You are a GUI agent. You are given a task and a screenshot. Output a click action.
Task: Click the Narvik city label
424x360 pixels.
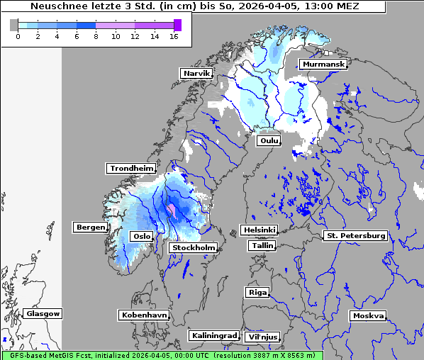tap(196, 73)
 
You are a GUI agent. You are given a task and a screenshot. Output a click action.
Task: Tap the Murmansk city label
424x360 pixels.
tap(323, 64)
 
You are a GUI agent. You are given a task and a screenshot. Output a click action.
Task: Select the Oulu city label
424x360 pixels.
tap(269, 141)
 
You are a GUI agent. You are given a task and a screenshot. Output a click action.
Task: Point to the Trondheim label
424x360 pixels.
tap(131, 169)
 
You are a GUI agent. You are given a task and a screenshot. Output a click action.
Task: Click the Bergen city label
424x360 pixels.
tap(90, 227)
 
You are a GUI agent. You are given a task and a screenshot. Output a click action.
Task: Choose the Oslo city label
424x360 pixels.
tap(141, 236)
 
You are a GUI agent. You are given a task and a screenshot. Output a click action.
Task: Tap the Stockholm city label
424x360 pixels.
tap(194, 247)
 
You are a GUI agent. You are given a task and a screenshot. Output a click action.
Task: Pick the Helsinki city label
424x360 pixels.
tap(259, 230)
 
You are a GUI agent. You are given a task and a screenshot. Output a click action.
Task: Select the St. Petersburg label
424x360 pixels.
tap(355, 235)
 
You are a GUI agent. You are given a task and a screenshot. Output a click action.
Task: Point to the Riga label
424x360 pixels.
tap(257, 292)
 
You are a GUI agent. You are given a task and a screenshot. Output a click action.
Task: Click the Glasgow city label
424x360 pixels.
tap(43, 313)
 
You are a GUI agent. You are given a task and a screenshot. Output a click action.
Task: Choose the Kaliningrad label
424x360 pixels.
tap(213, 335)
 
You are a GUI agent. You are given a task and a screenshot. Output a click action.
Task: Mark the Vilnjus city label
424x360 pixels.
tap(262, 337)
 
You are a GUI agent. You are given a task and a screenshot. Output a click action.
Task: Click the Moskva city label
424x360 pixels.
tap(368, 315)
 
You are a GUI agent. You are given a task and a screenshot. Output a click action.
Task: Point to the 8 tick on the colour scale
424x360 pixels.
tap(96, 35)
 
